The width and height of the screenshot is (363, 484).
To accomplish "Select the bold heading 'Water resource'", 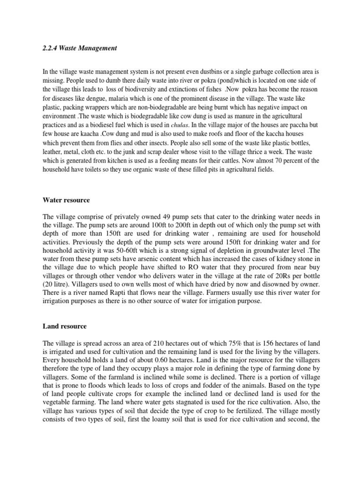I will pos(66,200).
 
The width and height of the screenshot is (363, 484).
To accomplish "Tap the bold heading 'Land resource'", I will pos(64,326).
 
